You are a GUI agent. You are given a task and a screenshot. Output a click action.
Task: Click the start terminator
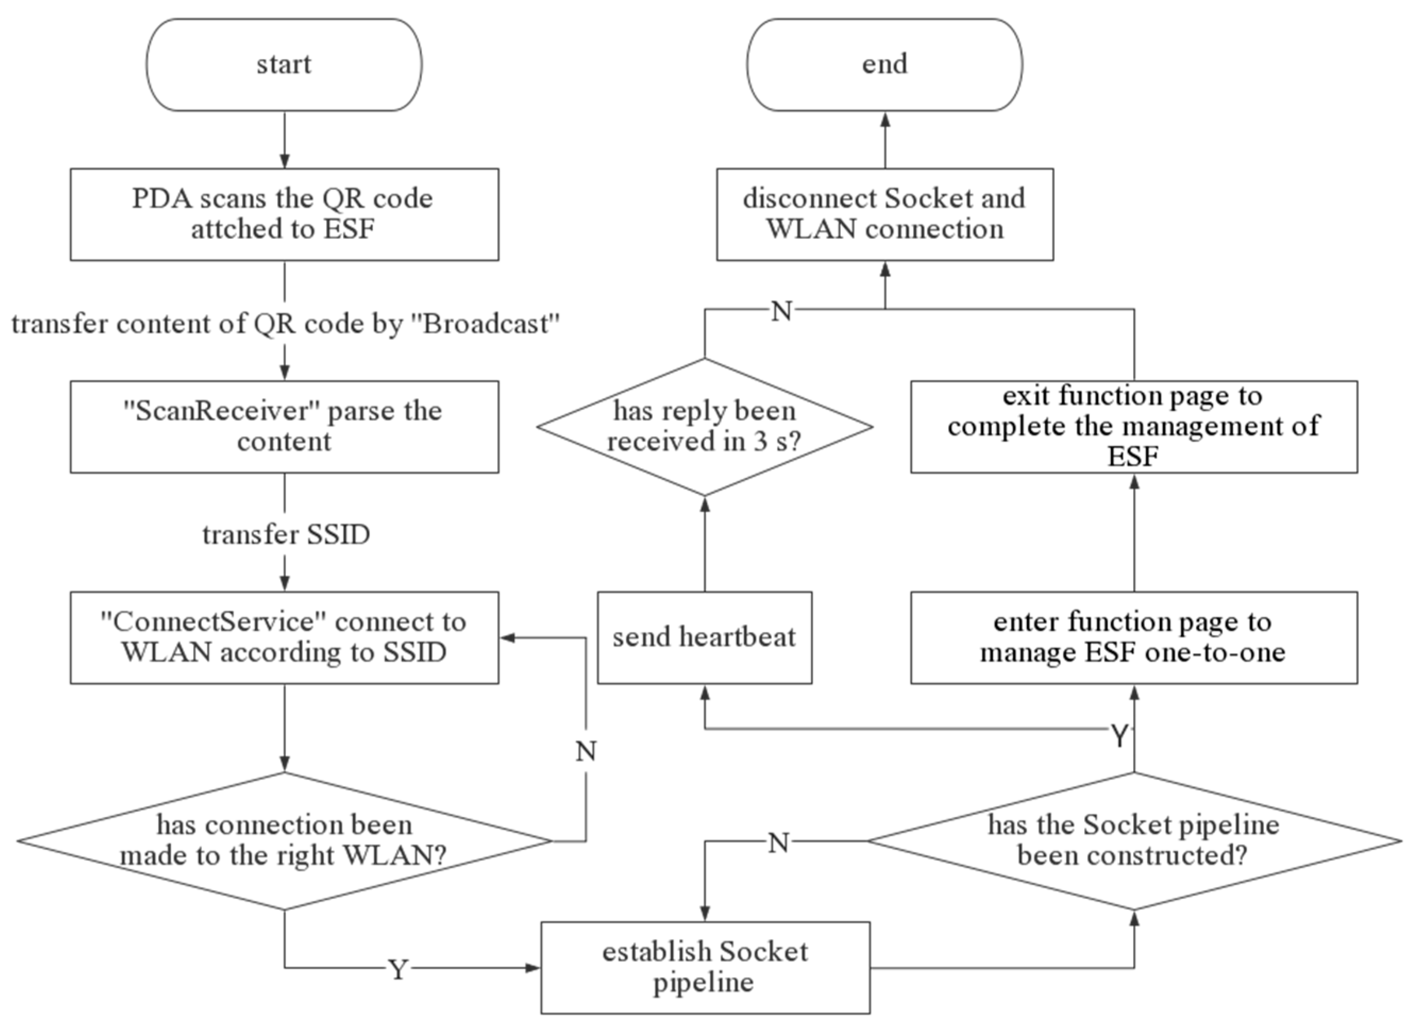click(284, 64)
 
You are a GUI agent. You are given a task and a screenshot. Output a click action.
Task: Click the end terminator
click(884, 64)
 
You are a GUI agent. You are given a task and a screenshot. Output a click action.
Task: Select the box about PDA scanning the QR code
click(284, 214)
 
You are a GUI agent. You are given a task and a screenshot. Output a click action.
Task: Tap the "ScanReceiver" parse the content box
click(284, 426)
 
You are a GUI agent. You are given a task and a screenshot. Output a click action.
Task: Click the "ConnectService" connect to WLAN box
click(284, 637)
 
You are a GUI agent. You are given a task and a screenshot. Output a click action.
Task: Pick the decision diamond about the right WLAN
click(284, 840)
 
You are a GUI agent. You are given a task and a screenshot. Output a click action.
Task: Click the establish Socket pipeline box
click(705, 967)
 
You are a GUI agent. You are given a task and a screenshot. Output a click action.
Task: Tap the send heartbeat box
click(704, 637)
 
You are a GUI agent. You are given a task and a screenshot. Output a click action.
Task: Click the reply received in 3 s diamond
click(704, 426)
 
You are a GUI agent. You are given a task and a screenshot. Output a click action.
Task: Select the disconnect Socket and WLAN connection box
click(884, 214)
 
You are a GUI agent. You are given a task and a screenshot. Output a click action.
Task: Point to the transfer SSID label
click(286, 535)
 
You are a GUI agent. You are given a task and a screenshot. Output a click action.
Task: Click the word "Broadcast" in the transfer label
click(491, 324)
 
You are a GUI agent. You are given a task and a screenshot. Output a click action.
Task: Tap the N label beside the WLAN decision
click(585, 751)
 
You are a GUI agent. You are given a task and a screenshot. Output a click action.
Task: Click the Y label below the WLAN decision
click(398, 969)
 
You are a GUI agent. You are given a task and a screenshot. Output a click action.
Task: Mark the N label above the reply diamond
click(781, 310)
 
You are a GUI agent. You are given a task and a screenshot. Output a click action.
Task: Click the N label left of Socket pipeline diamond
click(778, 843)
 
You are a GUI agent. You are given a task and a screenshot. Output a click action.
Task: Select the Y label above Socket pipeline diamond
click(1119, 736)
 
